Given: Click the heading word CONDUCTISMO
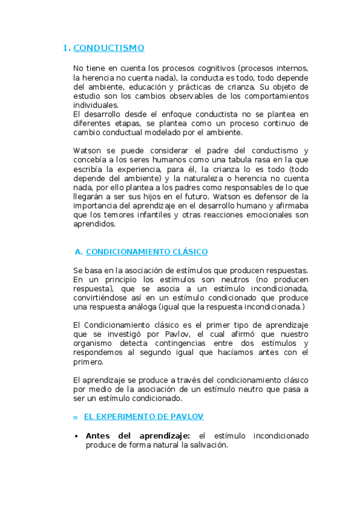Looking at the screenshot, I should pos(109,48).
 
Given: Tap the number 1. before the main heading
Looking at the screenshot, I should pos(67,48).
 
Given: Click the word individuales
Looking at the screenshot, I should pos(96,105).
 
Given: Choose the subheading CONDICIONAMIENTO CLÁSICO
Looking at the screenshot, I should pos(147,251).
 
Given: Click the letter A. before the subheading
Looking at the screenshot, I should pos(78,251).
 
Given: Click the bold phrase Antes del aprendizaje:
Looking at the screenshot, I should pos(138,435).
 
